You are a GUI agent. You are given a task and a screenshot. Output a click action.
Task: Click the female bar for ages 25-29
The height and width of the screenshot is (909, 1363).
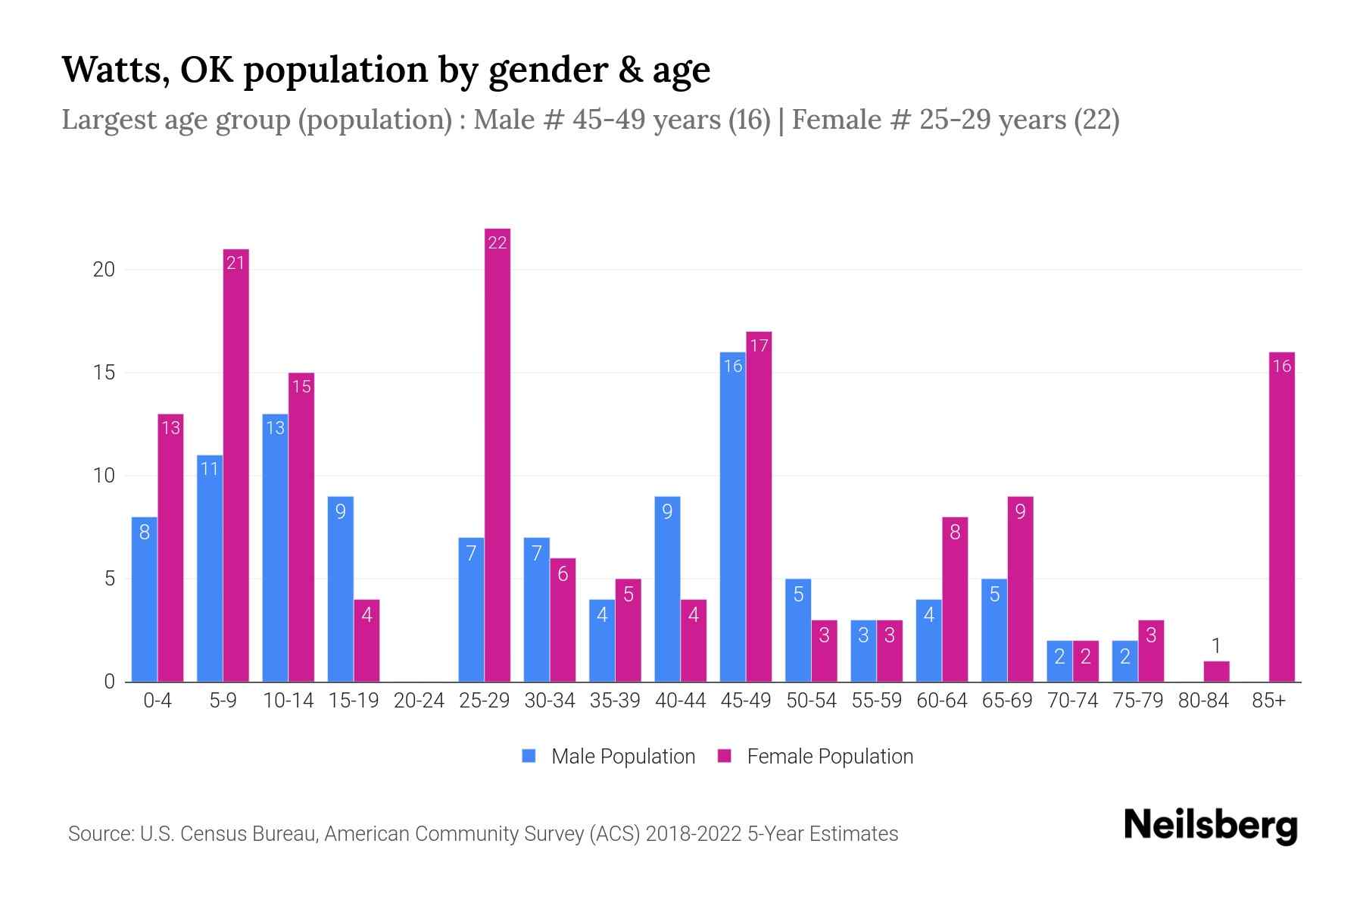[497, 454]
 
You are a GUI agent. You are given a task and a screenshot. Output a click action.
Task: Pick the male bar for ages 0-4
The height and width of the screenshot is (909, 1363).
[145, 599]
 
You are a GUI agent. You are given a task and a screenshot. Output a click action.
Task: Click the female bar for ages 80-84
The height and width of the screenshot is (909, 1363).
[1216, 671]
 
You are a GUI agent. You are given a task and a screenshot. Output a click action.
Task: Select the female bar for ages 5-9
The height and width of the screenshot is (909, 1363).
[236, 465]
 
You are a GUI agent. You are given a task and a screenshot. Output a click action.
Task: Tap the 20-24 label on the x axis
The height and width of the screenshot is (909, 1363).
[419, 701]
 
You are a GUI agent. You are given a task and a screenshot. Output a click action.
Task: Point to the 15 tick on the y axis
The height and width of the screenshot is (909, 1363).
[104, 373]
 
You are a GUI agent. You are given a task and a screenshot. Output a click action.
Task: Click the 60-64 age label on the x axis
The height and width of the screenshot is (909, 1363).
[941, 701]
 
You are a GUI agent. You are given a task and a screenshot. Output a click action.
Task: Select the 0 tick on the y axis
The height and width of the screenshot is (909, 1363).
[110, 682]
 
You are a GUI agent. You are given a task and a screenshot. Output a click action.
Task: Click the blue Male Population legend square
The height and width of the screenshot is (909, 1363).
[529, 756]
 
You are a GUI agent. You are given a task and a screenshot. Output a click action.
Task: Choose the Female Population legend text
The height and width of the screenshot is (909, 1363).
[830, 756]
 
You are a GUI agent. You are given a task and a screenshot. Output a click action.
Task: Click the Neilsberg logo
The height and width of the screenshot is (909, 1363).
[1210, 826]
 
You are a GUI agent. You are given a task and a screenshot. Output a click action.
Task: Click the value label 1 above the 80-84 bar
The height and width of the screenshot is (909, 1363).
[1216, 646]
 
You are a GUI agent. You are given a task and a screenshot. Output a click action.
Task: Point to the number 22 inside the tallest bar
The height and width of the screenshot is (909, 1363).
[497, 242]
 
